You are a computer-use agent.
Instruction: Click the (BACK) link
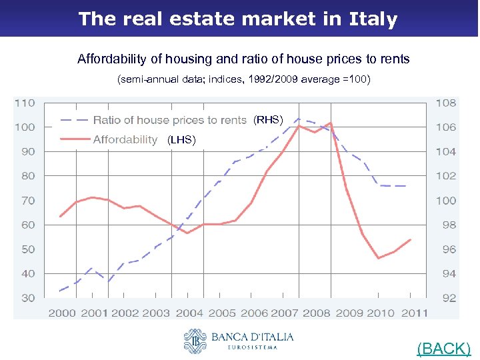[x=443, y=348]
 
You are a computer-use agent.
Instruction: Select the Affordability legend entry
[x=125, y=139]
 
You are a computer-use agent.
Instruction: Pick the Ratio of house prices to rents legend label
[x=169, y=120]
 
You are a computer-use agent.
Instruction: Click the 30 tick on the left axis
[x=27, y=298]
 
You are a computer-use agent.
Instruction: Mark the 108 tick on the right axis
[x=446, y=103]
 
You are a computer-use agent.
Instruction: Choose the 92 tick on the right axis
[x=446, y=298]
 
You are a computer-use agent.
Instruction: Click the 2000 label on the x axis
[x=61, y=312]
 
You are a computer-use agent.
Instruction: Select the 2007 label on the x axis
[x=284, y=312]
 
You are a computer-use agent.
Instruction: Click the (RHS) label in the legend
[x=268, y=120]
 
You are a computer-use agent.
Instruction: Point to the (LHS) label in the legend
[x=181, y=140]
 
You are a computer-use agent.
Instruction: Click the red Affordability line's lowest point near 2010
[x=378, y=258]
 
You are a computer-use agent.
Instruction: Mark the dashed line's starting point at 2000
[x=61, y=291]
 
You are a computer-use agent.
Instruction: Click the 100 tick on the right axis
[x=446, y=200]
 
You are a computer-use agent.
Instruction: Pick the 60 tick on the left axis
[x=27, y=225]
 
